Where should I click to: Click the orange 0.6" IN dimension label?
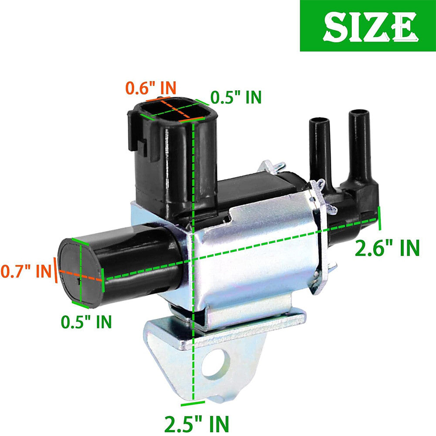tap(151, 88)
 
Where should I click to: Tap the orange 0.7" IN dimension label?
tap(26, 271)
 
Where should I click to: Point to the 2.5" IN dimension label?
tap(197, 424)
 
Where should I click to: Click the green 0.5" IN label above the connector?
tap(236, 97)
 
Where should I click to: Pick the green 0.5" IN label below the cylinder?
tap(86, 322)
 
